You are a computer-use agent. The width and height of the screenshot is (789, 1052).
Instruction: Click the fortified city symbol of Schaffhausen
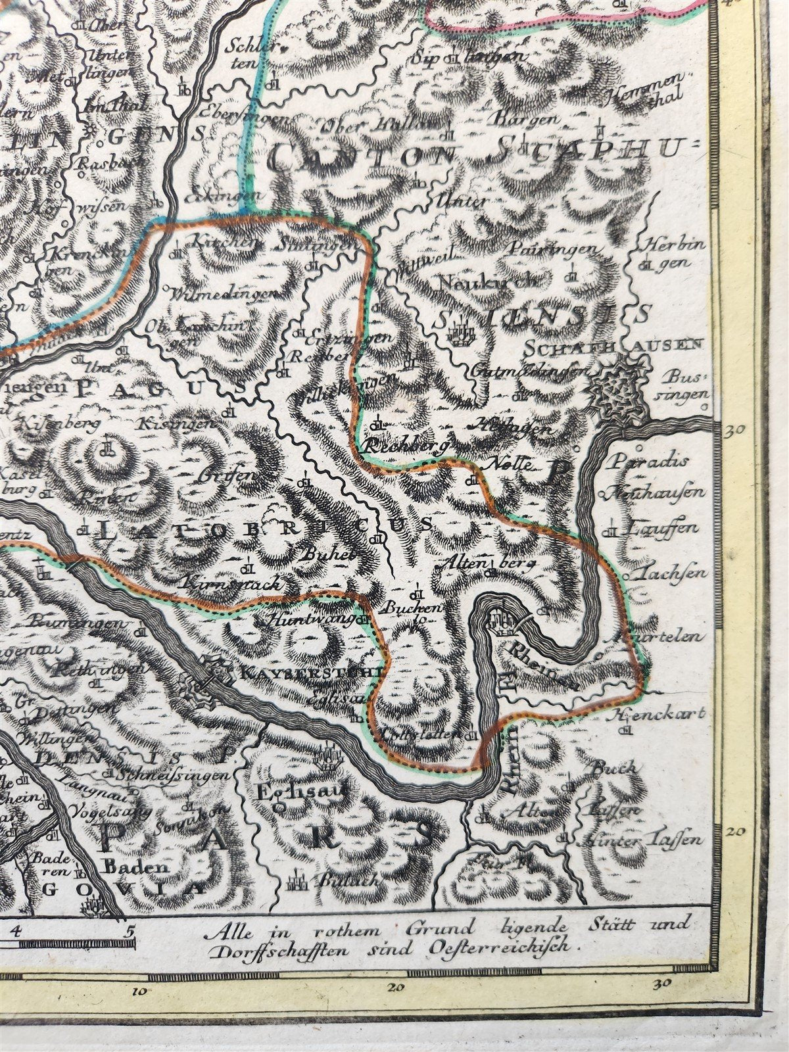[617, 389]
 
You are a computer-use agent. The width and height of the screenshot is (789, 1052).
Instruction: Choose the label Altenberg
[487, 563]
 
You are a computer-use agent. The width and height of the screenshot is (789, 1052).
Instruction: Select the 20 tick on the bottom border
[395, 987]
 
